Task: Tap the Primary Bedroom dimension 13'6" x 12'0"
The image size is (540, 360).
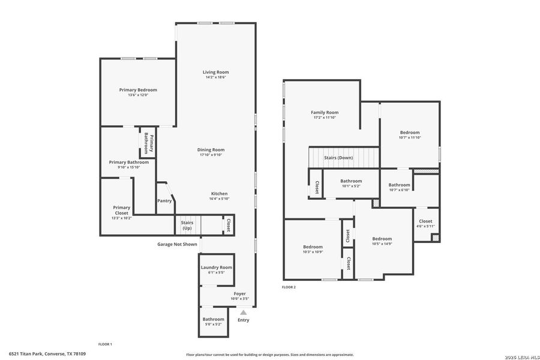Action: [x=137, y=95]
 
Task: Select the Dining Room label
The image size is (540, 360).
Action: [x=211, y=149]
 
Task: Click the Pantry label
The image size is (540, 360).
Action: [x=164, y=201]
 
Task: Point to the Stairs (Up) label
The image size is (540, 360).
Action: [x=187, y=225]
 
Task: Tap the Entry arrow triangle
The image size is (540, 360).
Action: [x=243, y=312]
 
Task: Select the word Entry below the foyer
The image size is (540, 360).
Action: [x=243, y=320]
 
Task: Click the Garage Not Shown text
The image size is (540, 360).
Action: [x=177, y=244]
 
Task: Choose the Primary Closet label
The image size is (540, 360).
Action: [x=121, y=210]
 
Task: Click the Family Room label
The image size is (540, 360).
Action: [x=324, y=112]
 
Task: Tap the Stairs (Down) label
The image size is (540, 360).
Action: [x=338, y=158]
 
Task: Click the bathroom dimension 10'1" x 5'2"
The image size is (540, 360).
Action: [x=351, y=186]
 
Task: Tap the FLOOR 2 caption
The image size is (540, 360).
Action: [x=289, y=287]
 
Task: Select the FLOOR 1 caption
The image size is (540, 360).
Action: [x=105, y=344]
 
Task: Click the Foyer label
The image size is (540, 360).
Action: [x=239, y=293]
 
